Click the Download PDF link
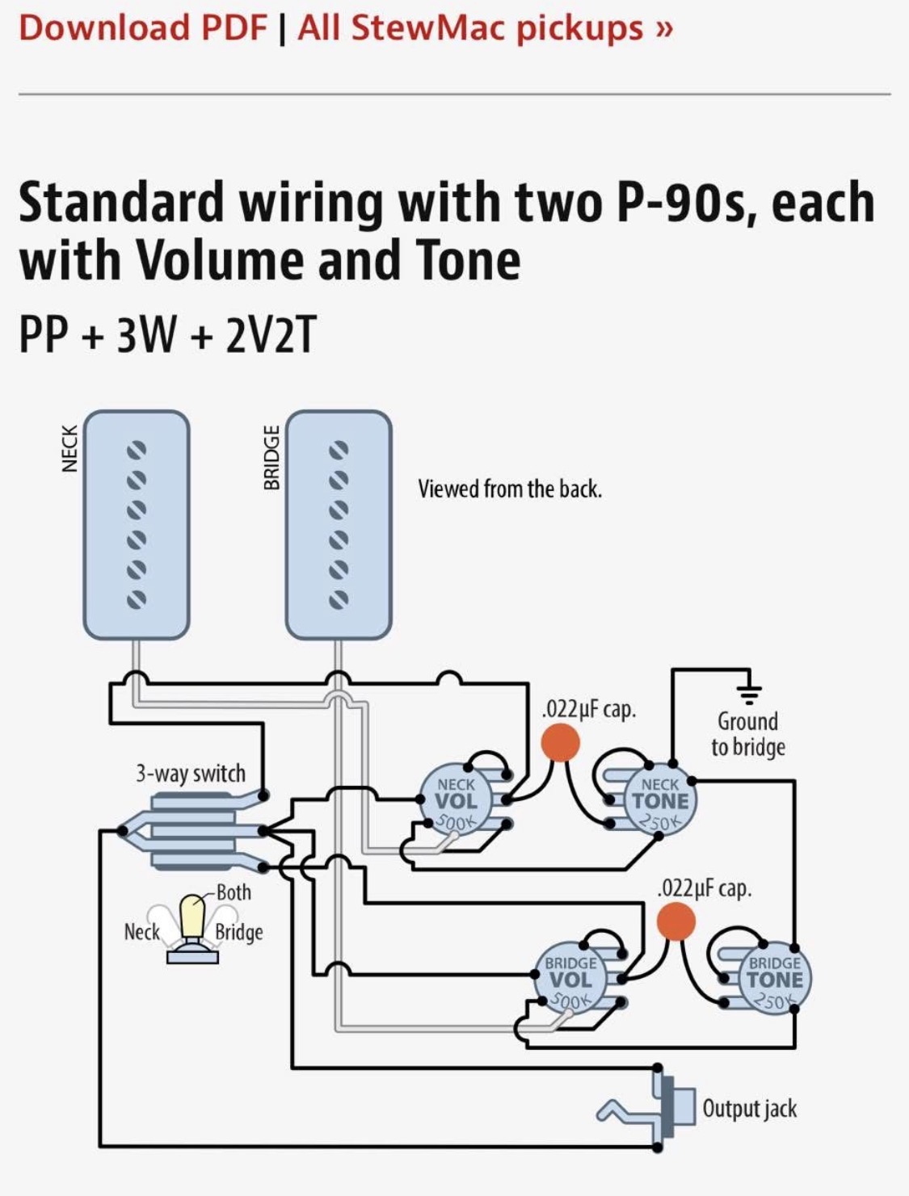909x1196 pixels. point(143,27)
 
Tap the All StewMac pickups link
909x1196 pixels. point(485,28)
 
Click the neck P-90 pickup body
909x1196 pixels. point(137,524)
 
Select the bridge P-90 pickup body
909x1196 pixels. point(339,524)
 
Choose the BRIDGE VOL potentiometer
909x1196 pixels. point(571,979)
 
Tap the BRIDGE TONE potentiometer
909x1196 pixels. point(775,979)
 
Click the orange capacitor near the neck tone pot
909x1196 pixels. point(560,743)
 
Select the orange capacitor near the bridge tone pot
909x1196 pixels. point(675,921)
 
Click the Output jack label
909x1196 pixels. point(749,1109)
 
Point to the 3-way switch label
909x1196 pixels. point(191,774)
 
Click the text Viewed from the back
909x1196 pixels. point(510,489)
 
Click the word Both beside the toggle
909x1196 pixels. point(234,892)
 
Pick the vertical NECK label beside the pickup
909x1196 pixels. point(69,448)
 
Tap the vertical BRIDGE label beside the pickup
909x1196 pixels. point(271,458)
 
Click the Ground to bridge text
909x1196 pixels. point(748,735)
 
